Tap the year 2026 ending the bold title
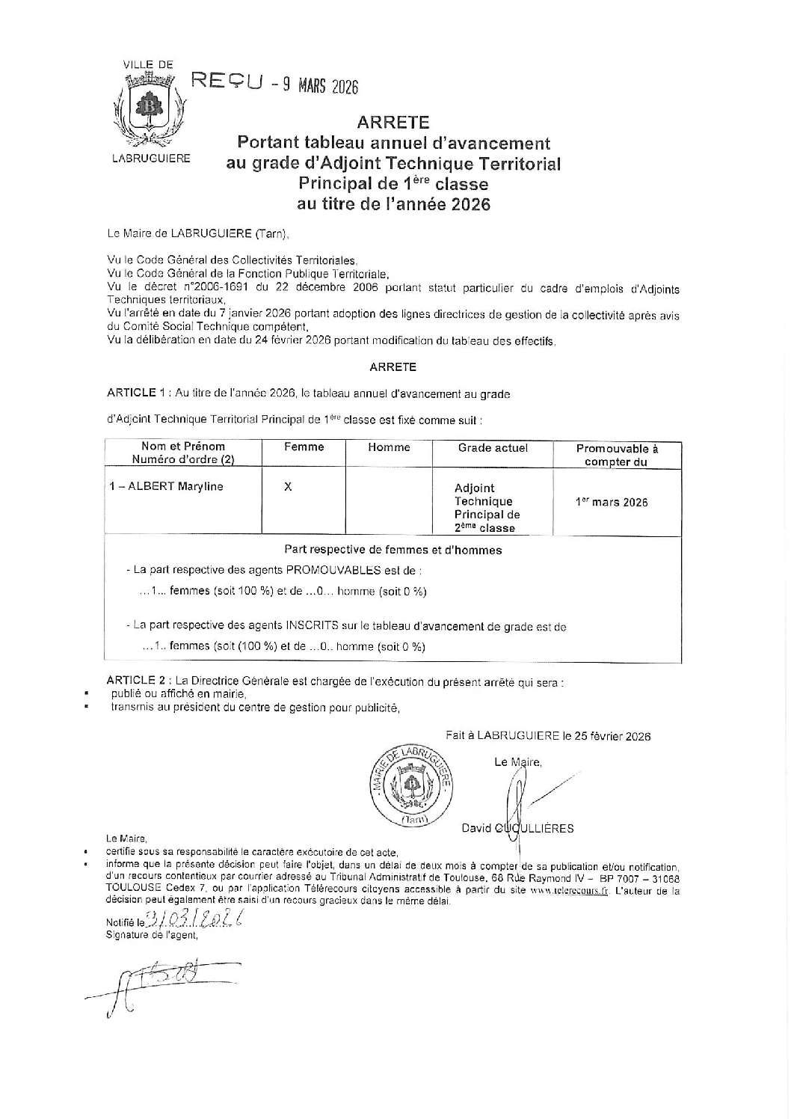coord(470,203)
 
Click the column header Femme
coord(304,447)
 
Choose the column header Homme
coord(389,447)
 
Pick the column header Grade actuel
coord(493,447)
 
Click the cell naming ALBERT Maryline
coord(166,486)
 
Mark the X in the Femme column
coord(288,486)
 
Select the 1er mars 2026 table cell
coord(612,503)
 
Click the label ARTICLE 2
coord(135,681)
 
